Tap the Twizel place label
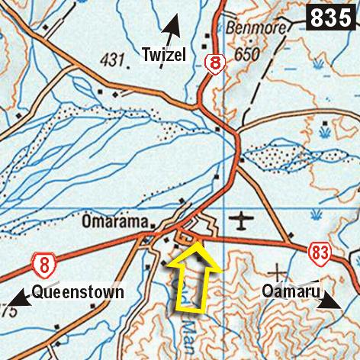[166, 53]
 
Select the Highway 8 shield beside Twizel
[216, 65]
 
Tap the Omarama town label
[114, 223]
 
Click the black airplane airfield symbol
[242, 222]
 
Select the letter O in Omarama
[85, 223]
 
